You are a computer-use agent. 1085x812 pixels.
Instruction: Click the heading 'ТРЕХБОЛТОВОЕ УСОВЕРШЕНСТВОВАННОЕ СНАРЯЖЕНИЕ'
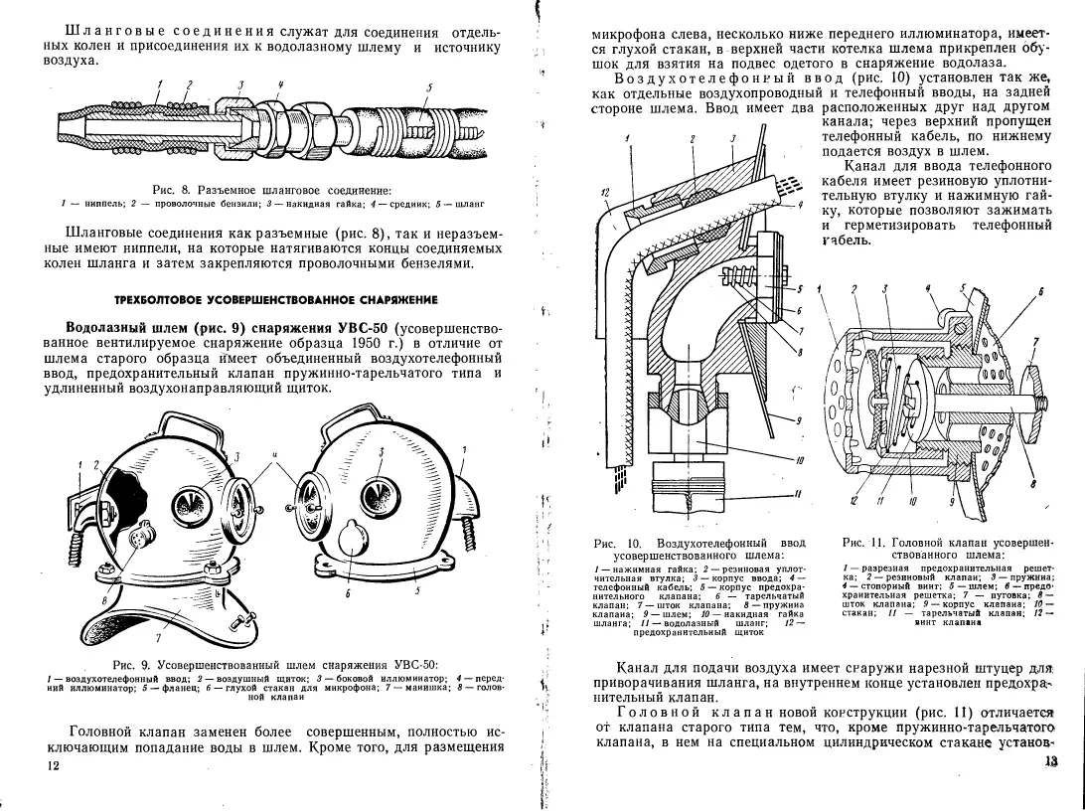point(276,299)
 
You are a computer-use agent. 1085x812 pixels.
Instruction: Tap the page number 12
point(53,765)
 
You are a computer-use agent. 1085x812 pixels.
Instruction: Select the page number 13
point(1053,761)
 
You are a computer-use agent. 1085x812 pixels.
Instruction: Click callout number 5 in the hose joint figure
point(428,87)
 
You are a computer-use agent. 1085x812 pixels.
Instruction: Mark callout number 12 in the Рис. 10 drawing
point(605,191)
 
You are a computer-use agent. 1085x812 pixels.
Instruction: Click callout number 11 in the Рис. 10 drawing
point(798,494)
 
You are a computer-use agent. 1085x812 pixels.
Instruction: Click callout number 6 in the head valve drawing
point(1039,292)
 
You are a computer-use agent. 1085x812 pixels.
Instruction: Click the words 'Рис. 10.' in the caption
point(612,544)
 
